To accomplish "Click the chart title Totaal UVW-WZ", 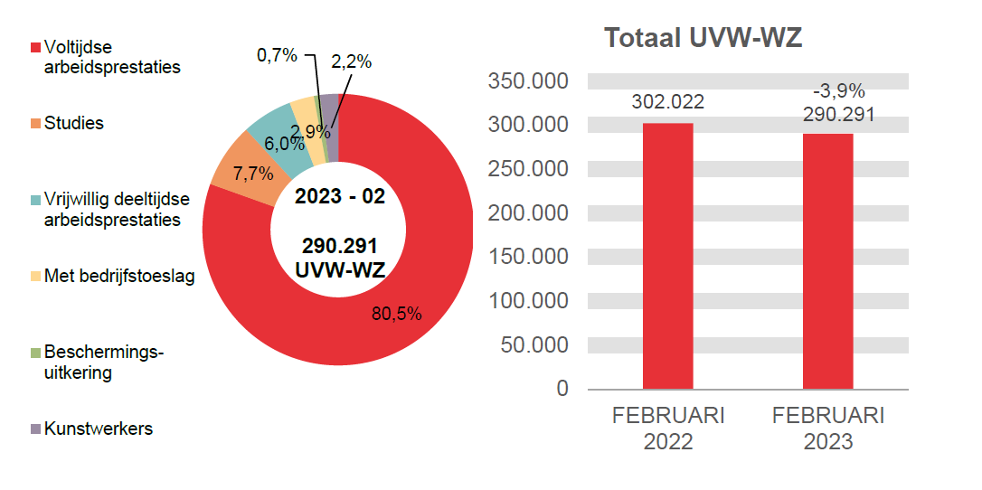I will (703, 39).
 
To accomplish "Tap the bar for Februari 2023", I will (827, 261).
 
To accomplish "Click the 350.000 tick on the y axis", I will (528, 81).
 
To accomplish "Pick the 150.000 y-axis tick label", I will (528, 257).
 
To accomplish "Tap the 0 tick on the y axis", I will (562, 389).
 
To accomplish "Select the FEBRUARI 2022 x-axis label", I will (668, 429).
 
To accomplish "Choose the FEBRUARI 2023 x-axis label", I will (828, 429).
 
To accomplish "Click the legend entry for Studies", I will (73, 124).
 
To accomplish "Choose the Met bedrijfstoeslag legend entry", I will (118, 277).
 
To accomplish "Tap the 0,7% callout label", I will (277, 55).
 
